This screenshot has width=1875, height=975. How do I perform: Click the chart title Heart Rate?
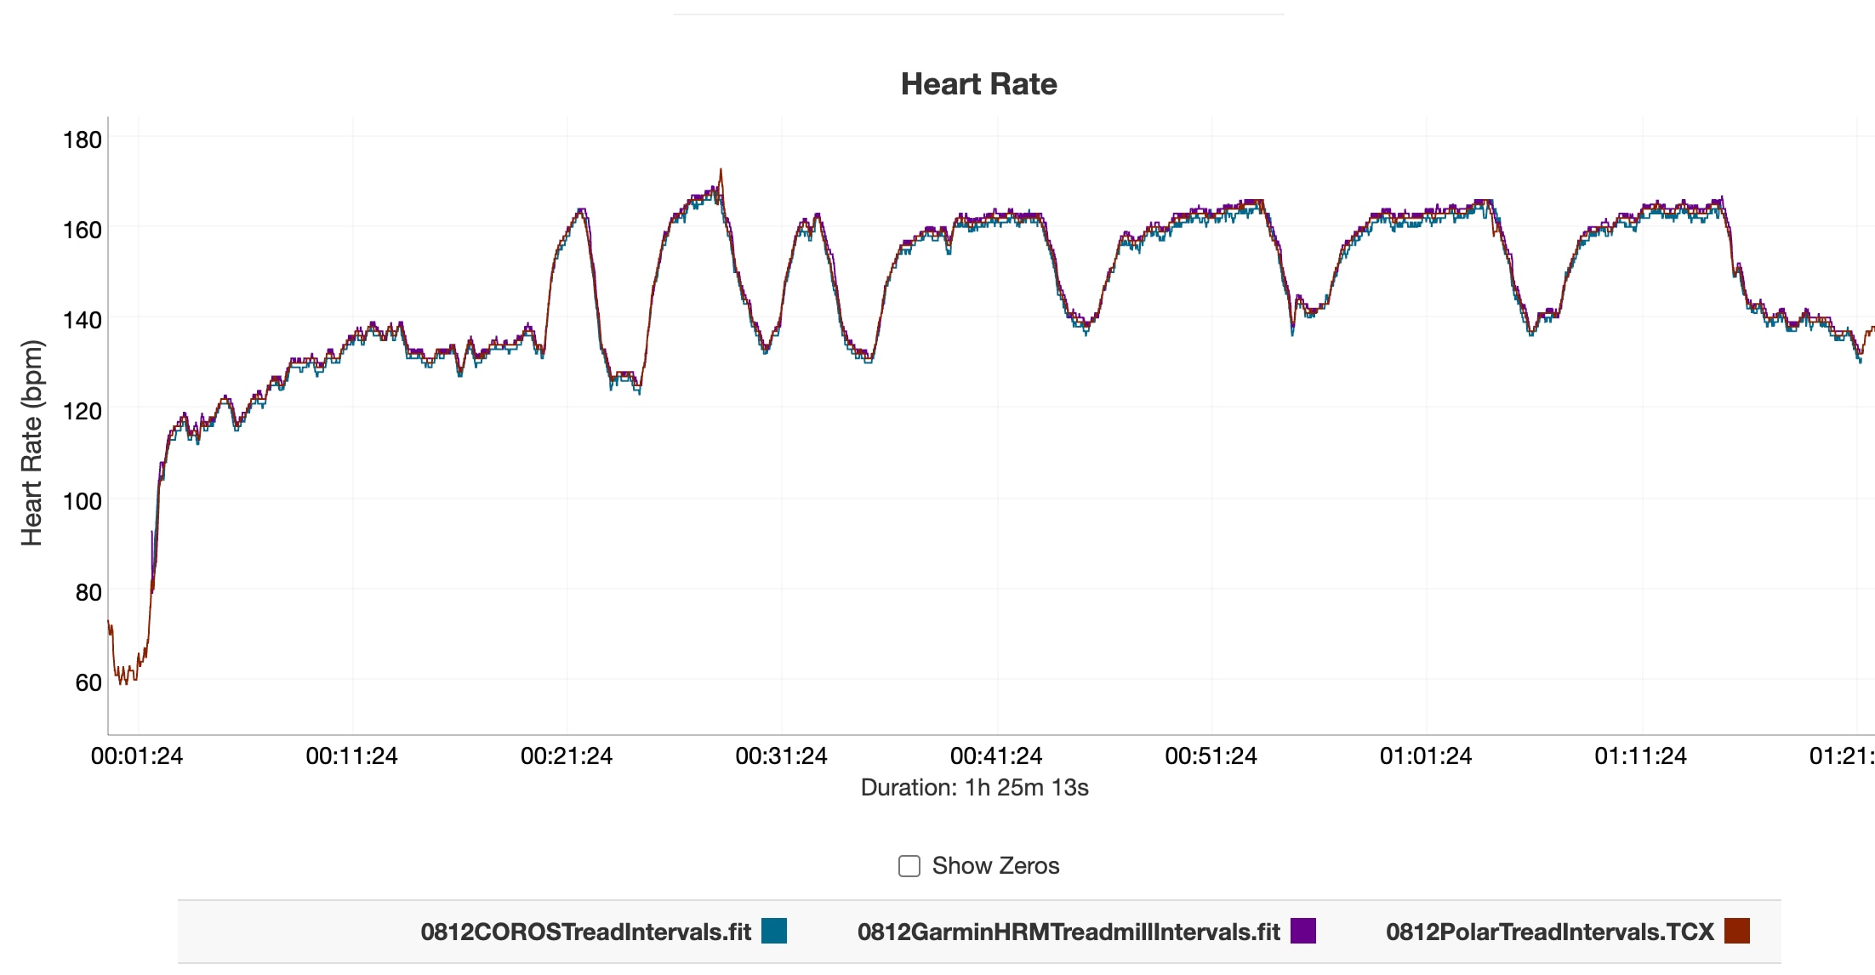coord(978,84)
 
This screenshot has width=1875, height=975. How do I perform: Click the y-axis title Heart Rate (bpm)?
coord(31,442)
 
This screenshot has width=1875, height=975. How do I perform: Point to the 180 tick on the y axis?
coord(83,140)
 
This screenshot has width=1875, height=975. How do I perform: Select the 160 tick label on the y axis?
coord(83,230)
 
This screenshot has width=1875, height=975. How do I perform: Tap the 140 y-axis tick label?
coord(83,320)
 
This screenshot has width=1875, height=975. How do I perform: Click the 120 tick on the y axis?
coord(83,411)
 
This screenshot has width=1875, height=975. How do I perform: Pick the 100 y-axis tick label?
coord(83,501)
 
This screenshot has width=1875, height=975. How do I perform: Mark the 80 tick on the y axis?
coord(88,592)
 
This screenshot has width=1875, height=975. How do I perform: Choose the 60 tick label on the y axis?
coord(88,682)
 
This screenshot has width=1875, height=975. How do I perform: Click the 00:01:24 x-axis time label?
coord(137,755)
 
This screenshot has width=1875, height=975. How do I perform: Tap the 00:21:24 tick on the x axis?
coord(567,755)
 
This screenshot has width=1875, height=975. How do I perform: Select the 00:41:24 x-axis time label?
coord(996,755)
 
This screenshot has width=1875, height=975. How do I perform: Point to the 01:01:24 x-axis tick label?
coord(1426,755)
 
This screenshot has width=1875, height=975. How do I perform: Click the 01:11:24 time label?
coord(1640,755)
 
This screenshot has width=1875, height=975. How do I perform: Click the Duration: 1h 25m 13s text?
coord(974,788)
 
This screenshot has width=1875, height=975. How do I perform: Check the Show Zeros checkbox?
coord(909,866)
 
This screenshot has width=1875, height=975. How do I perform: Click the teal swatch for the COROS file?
coord(774,931)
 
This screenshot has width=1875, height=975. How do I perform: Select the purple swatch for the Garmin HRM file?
coord(1303,931)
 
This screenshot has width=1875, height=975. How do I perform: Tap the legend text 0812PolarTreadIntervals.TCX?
coord(1549,932)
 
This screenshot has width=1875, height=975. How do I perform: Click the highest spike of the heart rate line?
coord(721,170)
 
